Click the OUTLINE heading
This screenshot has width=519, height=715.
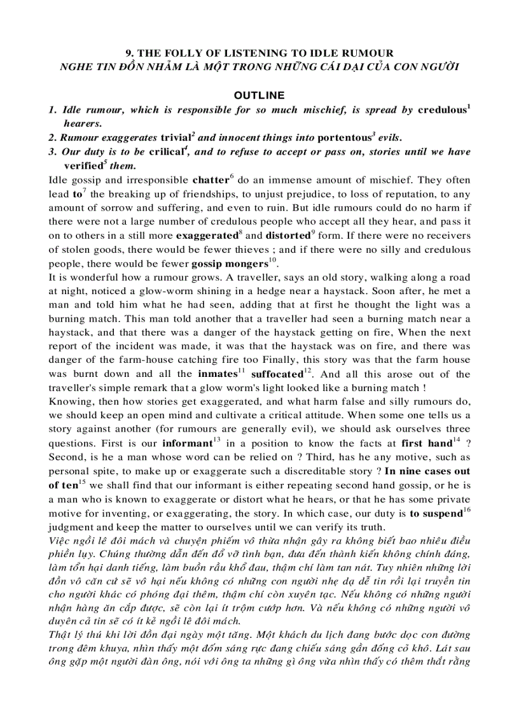pos(259,96)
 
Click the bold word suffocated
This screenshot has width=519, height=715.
pos(276,374)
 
